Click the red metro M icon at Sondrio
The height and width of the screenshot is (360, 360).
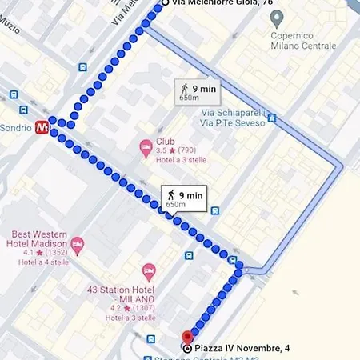[41, 126]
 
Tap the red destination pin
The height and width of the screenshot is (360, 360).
[188, 338]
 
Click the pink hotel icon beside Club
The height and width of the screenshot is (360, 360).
[146, 146]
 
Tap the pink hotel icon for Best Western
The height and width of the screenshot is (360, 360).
[77, 243]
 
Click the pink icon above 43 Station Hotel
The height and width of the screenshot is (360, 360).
[148, 274]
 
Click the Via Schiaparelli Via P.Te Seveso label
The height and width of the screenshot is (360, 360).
[231, 118]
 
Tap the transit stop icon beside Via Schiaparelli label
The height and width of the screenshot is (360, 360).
[272, 118]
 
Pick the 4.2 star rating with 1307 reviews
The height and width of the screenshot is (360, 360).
[126, 307]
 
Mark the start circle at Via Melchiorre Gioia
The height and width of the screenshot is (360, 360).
[166, 3]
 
